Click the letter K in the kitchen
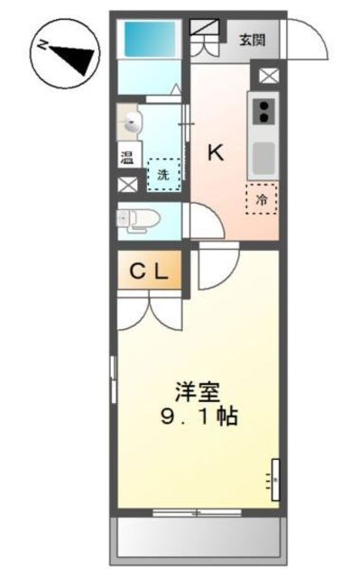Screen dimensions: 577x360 coord(216,152)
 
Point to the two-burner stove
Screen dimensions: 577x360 coord(265,111)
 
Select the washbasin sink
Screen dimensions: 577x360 coord(131,121)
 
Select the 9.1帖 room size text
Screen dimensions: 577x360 coord(199,419)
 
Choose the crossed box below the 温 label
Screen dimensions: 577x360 coord(128,185)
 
